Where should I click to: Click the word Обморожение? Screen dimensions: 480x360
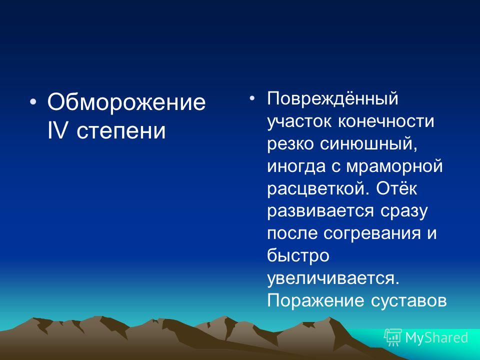(x=126, y=102)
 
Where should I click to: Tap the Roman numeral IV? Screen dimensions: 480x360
(x=57, y=130)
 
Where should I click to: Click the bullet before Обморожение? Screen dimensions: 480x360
(x=33, y=101)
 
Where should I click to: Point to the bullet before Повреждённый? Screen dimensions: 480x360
(x=252, y=98)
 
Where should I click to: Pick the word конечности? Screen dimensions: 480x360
(x=386, y=121)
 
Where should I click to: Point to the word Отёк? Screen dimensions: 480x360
(x=396, y=187)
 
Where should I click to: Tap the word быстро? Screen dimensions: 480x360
(x=298, y=255)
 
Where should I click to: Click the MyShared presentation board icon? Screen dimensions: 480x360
(x=393, y=337)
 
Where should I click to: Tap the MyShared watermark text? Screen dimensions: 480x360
(x=436, y=338)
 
